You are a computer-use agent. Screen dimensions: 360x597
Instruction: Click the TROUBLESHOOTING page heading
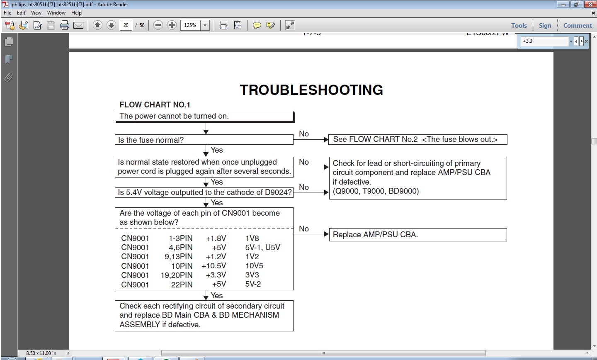tap(311, 90)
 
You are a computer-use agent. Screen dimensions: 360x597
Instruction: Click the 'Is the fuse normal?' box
tap(204, 140)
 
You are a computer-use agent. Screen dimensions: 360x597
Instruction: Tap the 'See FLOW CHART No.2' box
tap(417, 139)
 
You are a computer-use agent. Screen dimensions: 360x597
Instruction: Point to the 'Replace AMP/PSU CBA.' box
tap(417, 234)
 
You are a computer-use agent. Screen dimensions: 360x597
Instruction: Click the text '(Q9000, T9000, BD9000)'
tap(376, 191)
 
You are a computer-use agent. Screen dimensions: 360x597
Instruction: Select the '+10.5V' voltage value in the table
tap(214, 266)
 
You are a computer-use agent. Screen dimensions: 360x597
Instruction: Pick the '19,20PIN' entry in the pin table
tap(177, 275)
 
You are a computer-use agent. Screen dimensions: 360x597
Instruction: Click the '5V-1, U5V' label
tap(262, 247)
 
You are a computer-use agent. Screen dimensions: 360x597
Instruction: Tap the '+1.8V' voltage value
tap(216, 238)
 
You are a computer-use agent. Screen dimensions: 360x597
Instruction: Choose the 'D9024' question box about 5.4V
tap(204, 192)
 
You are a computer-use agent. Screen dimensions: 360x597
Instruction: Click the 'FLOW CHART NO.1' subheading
tap(155, 105)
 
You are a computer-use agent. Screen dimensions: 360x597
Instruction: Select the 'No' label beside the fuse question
tap(304, 134)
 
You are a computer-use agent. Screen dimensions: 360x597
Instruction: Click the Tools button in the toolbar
tap(519, 25)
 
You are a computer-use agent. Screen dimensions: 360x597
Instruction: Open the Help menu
tap(76, 13)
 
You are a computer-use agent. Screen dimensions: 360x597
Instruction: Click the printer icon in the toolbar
tap(65, 25)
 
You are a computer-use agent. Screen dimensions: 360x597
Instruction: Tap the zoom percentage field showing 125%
tap(190, 25)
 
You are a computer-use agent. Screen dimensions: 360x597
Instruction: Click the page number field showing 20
tap(126, 25)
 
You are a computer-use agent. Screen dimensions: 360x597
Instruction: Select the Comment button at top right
tap(577, 25)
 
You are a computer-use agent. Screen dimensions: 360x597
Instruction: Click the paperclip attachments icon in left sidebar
tap(9, 77)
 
